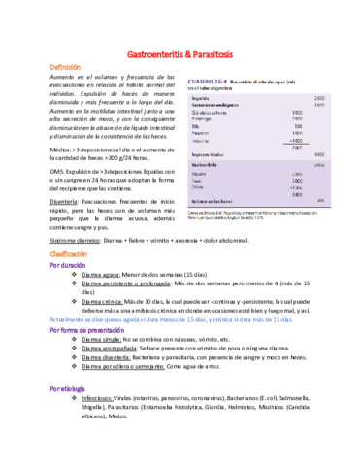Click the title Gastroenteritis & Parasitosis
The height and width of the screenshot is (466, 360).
point(180,57)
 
